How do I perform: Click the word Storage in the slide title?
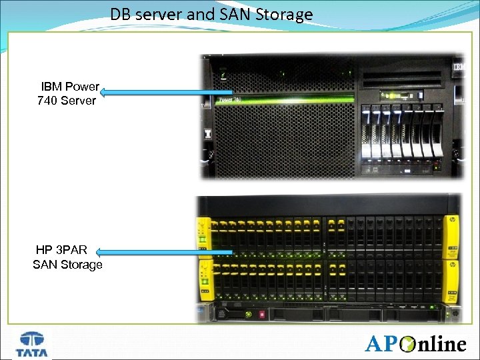point(285,14)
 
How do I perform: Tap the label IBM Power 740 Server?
point(69,94)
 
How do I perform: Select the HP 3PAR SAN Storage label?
point(67,258)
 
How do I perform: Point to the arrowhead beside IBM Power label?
point(105,93)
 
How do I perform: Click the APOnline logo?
point(415,343)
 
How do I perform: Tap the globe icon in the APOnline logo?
point(405,344)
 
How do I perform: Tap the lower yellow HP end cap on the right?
point(451,280)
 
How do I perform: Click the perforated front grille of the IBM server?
point(280,140)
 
